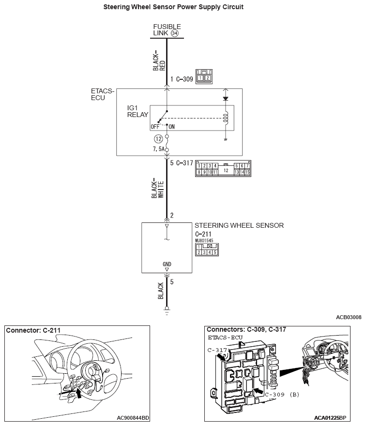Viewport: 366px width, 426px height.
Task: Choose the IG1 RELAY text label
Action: point(137,112)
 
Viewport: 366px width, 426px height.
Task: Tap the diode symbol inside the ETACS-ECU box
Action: point(225,98)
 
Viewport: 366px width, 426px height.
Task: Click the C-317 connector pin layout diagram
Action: point(223,169)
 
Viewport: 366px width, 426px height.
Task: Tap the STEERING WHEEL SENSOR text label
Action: point(239,225)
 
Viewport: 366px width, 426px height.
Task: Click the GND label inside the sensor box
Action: point(167,264)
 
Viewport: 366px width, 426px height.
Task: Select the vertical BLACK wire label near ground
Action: point(161,291)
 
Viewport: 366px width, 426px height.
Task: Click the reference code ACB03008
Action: point(349,317)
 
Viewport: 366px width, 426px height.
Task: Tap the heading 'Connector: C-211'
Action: point(33,331)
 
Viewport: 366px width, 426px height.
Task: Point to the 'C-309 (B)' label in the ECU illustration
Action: point(282,394)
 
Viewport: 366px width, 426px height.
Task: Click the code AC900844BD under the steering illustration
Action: point(133,417)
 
